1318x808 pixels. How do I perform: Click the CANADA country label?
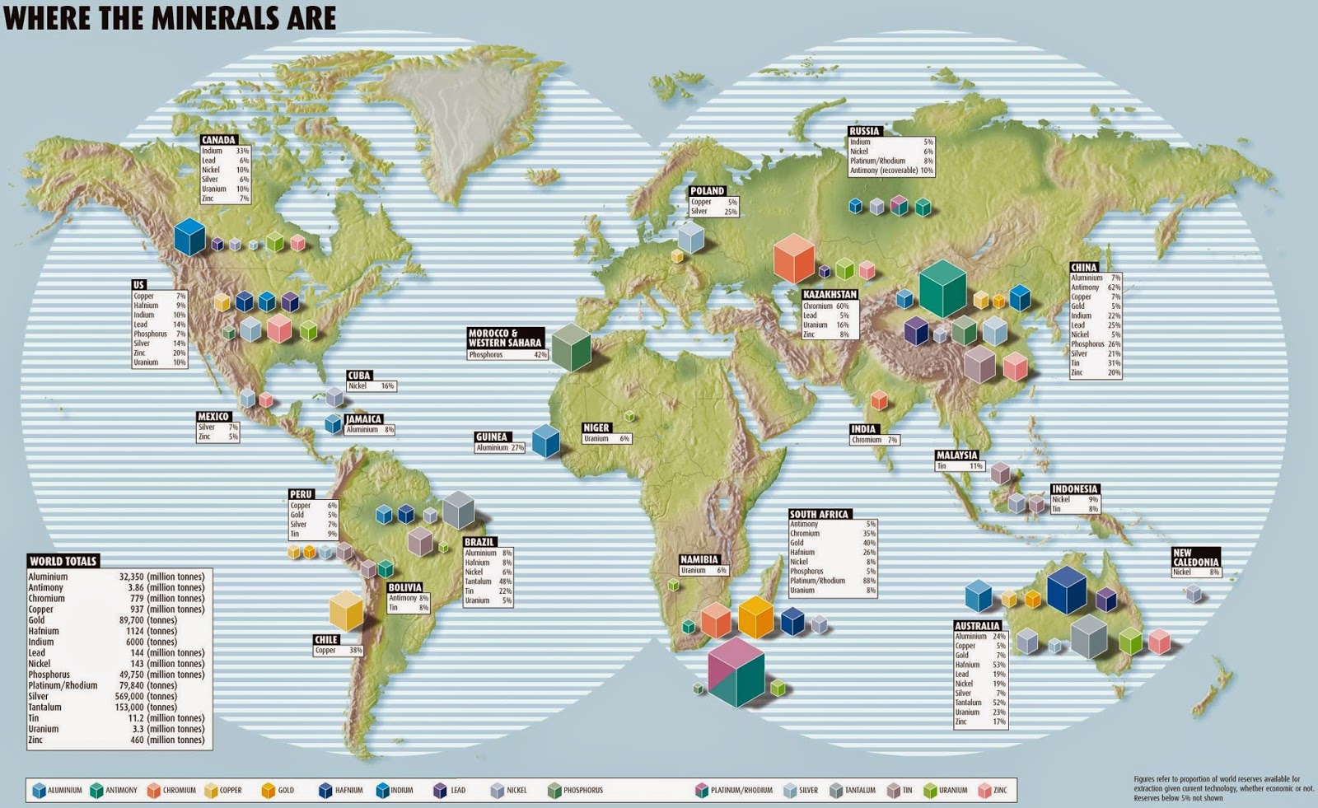pyautogui.click(x=219, y=140)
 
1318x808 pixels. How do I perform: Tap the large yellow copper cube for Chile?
pyautogui.click(x=346, y=610)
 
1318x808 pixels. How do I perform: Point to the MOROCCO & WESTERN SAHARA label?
pyautogui.click(x=505, y=338)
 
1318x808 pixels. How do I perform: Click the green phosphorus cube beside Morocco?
pyautogui.click(x=571, y=348)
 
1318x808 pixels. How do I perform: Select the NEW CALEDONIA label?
pyautogui.click(x=1195, y=558)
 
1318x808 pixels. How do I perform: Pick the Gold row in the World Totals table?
pyautogui.click(x=115, y=620)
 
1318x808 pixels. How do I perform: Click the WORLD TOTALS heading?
pyautogui.click(x=63, y=561)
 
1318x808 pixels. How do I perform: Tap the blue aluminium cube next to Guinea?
pyautogui.click(x=545, y=441)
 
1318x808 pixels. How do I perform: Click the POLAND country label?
pyautogui.click(x=708, y=191)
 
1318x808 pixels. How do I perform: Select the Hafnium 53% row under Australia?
pyautogui.click(x=980, y=665)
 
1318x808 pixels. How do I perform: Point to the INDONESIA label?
pyautogui.click(x=1074, y=488)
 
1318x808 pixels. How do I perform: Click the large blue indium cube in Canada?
pyautogui.click(x=189, y=236)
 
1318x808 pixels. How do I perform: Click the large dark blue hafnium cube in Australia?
pyautogui.click(x=1067, y=590)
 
